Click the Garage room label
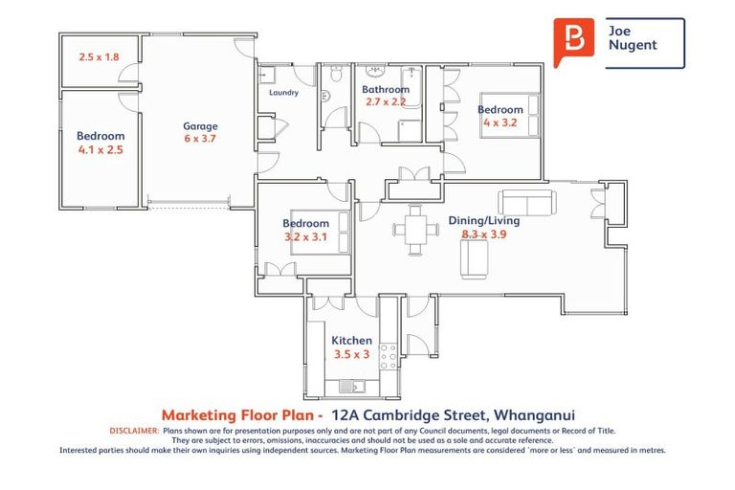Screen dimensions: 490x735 pyautogui.click(x=200, y=125)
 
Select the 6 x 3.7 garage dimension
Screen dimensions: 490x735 pyautogui.click(x=200, y=139)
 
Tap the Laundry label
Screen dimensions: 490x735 pyautogui.click(x=284, y=93)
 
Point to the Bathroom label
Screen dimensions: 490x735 pyautogui.click(x=385, y=90)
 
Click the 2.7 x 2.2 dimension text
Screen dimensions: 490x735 pyautogui.click(x=385, y=101)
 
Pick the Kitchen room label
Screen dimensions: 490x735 pyautogui.click(x=351, y=341)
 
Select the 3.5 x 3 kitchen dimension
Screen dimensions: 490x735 pyautogui.click(x=351, y=354)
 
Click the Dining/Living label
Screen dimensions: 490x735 pyautogui.click(x=484, y=220)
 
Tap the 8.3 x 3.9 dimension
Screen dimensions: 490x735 pyautogui.click(x=484, y=233)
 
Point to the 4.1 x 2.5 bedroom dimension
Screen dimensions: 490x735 pyautogui.click(x=100, y=149)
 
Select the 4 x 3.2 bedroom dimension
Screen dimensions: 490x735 pyautogui.click(x=501, y=122)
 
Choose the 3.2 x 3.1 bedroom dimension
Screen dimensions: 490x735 pyautogui.click(x=305, y=236)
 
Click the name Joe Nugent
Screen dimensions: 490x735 pyautogui.click(x=633, y=37)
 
